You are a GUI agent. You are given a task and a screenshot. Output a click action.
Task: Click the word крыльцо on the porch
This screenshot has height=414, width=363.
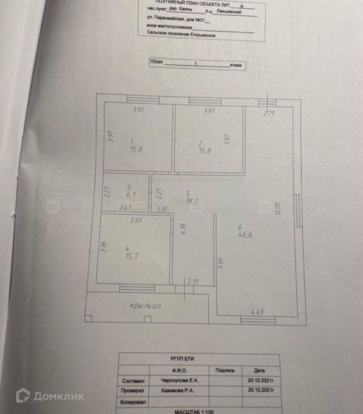coord(145,306)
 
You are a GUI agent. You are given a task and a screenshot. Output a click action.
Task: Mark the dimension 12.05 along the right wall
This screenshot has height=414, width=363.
coord(284,208)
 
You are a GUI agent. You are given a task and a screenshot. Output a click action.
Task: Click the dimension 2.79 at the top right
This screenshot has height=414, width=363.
coord(269,112)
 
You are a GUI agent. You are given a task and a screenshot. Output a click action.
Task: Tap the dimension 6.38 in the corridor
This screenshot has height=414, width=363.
coord(183,229)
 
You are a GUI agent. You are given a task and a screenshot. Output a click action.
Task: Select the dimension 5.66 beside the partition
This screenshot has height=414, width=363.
coord(221,264)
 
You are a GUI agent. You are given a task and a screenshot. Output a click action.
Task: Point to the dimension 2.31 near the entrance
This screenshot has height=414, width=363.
coord(193,282)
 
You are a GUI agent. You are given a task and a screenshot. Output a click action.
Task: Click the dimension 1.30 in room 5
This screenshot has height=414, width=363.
coord(163,209)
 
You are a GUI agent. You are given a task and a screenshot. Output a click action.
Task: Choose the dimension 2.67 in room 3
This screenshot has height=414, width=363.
coord(125,208)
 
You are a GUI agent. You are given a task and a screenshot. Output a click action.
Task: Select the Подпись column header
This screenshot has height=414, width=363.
coord(225,370)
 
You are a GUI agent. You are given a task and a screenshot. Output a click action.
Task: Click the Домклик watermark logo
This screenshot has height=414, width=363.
coord(50,396)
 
